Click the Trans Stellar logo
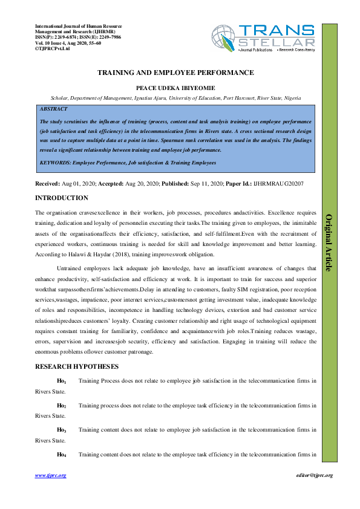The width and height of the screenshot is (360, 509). pyautogui.click(x=263, y=37)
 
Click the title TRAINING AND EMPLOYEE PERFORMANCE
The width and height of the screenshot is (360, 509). pyautogui.click(x=175, y=73)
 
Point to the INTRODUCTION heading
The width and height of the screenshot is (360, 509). pyautogui.click(x=62, y=198)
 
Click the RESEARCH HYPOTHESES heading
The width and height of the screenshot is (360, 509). pyautogui.click(x=77, y=367)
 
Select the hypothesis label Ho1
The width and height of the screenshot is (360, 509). pyautogui.click(x=61, y=381)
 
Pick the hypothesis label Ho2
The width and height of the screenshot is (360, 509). pyautogui.click(x=61, y=406)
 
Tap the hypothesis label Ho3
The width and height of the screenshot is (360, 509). pyautogui.click(x=61, y=430)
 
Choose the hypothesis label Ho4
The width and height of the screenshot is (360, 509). pyautogui.click(x=61, y=454)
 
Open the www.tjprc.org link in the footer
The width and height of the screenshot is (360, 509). pyautogui.click(x=50, y=476)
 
